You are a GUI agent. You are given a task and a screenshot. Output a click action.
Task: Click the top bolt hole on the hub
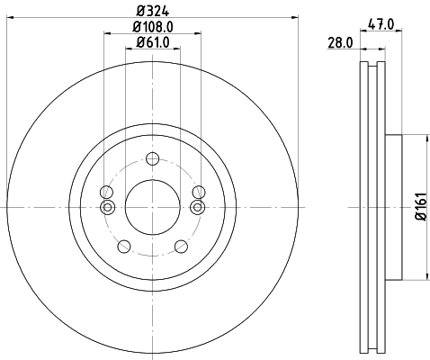[x=152, y=160]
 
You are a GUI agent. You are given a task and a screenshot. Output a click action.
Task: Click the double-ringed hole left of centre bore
[x=108, y=208]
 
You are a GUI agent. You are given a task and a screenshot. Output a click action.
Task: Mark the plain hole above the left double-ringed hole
[x=107, y=192]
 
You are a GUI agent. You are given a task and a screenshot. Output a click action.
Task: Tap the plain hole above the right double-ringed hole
[x=197, y=192]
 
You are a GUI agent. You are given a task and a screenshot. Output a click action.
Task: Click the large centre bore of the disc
[x=152, y=207]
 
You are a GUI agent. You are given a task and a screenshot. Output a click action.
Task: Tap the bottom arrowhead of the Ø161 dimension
[x=425, y=276]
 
